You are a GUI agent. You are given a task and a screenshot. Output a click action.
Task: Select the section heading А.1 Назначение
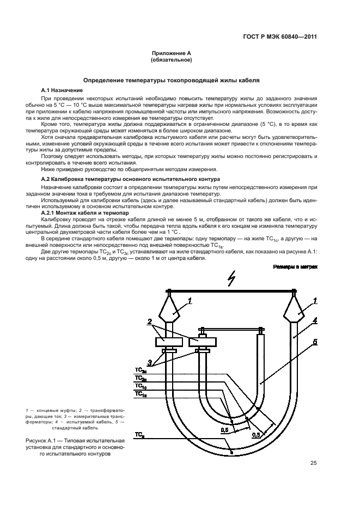[62, 89]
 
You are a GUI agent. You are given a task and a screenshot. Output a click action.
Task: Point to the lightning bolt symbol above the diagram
[232, 282]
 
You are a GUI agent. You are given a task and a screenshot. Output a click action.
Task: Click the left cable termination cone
[169, 309]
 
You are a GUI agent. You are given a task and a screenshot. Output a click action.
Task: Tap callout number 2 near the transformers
[148, 322]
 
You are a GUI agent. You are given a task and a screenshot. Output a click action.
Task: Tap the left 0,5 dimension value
[224, 430]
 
